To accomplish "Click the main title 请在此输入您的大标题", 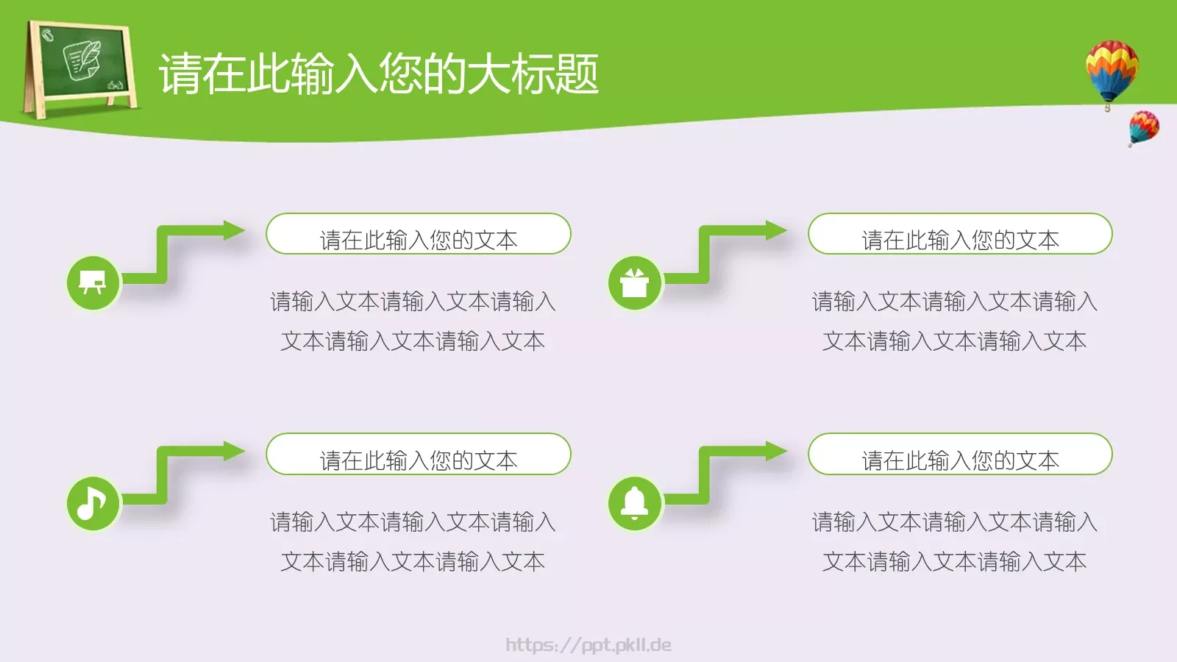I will pyautogui.click(x=379, y=74).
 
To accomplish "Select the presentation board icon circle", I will pyautogui.click(x=93, y=282).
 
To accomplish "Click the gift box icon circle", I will pyautogui.click(x=635, y=282).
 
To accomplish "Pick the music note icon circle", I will pyautogui.click(x=93, y=503).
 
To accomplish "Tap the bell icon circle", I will pyautogui.click(x=635, y=503).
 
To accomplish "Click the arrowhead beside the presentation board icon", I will pyautogui.click(x=234, y=230).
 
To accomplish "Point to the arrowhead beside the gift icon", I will pyautogui.click(x=776, y=230).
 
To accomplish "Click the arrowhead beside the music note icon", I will pyautogui.click(x=234, y=451).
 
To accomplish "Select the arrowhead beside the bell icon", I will pyautogui.click(x=776, y=451).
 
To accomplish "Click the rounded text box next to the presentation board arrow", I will pyautogui.click(x=418, y=235).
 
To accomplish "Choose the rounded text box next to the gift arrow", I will pyautogui.click(x=960, y=235).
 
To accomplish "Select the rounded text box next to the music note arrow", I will pyautogui.click(x=418, y=455).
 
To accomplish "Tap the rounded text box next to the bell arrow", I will pyautogui.click(x=960, y=455).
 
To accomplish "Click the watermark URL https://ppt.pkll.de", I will pyautogui.click(x=588, y=645).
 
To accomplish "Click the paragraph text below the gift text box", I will pyautogui.click(x=955, y=321).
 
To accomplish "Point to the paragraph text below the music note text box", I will pyautogui.click(x=413, y=541).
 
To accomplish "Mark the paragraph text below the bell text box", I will pyautogui.click(x=955, y=541).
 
